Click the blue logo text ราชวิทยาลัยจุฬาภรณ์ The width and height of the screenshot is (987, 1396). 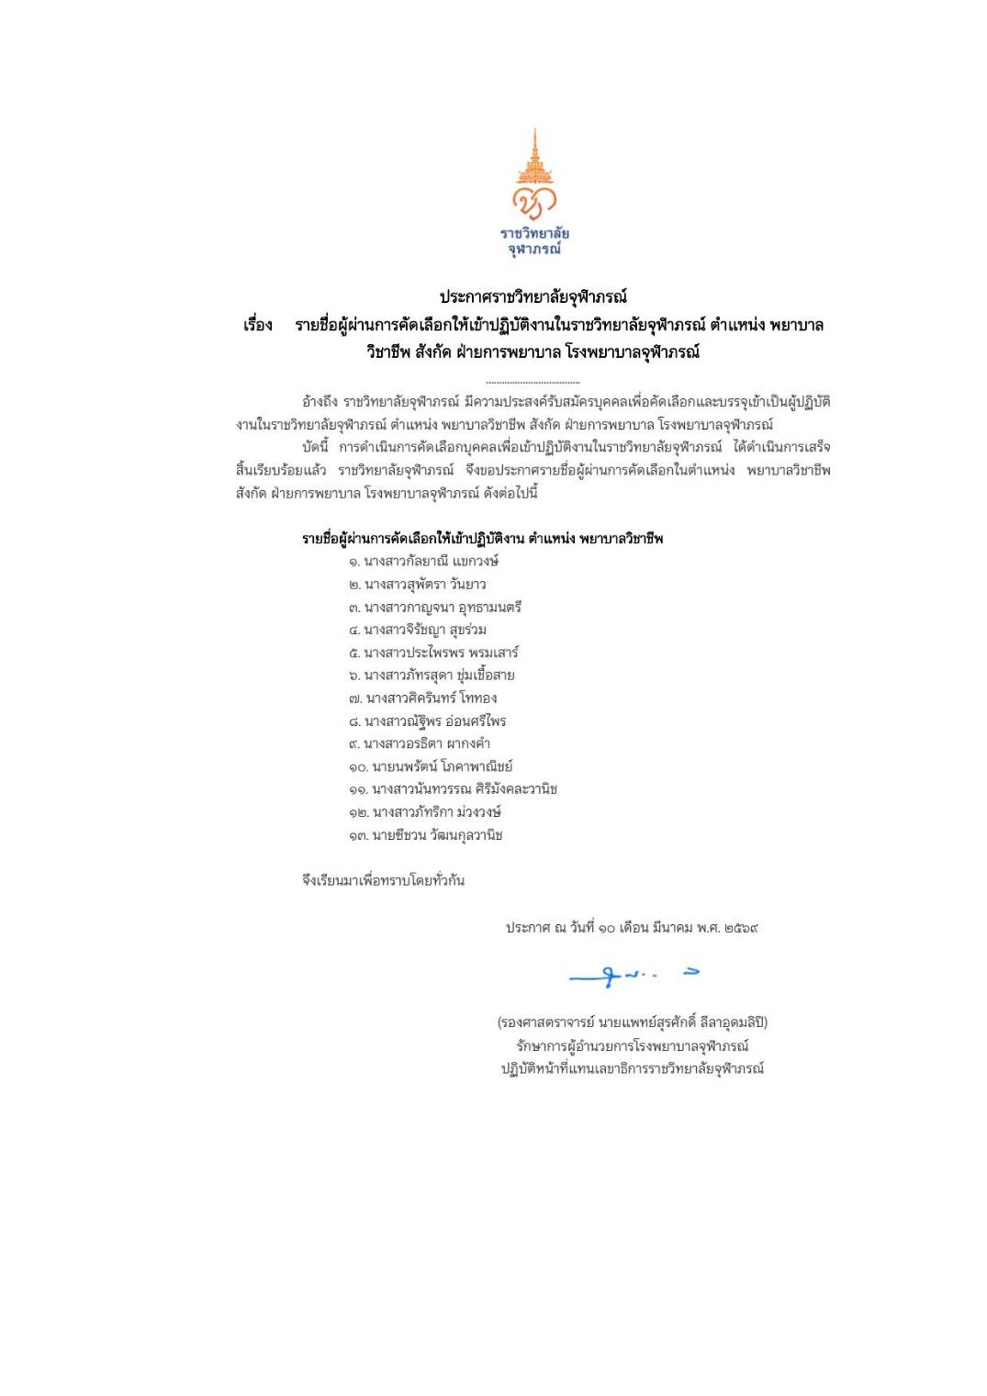(533, 240)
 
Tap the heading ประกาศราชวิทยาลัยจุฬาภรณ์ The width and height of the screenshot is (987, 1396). (533, 297)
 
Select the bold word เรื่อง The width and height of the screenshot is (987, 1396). (258, 326)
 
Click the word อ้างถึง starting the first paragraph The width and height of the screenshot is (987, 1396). (320, 402)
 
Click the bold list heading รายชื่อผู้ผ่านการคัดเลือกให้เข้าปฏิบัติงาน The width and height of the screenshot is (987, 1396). (413, 539)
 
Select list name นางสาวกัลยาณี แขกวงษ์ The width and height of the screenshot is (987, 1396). (431, 562)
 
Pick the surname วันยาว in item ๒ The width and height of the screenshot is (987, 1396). (468, 585)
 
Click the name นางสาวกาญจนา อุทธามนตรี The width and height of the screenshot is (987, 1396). (443, 608)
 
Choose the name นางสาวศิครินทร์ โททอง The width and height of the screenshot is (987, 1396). (430, 698)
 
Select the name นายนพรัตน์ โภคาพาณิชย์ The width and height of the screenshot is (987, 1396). (442, 766)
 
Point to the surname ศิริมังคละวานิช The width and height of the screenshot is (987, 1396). (516, 789)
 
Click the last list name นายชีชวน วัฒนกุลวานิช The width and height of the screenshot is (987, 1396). (437, 835)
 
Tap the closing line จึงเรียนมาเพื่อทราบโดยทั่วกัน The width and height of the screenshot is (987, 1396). (383, 881)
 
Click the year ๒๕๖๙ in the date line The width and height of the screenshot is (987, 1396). (740, 928)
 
